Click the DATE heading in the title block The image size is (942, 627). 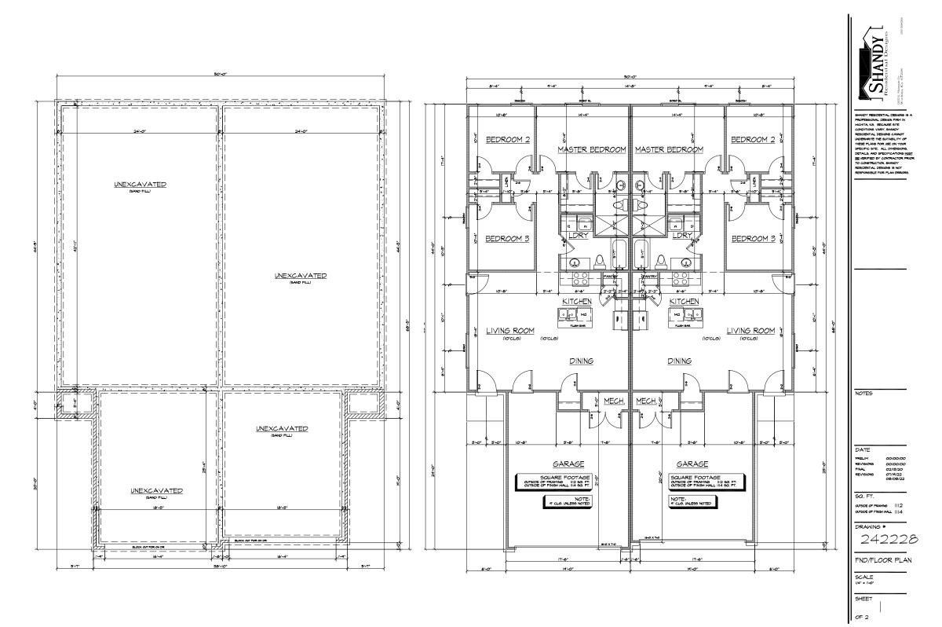[x=861, y=449]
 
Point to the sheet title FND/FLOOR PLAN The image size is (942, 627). [x=882, y=563]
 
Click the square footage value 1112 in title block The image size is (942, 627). [x=898, y=505]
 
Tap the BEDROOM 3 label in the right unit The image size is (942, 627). [x=753, y=239]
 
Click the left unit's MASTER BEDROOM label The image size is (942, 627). [x=591, y=149]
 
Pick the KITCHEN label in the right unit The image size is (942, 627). [x=684, y=301]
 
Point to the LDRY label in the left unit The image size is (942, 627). [x=578, y=235]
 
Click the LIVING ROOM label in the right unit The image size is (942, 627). [x=750, y=331]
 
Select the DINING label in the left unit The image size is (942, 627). [x=581, y=361]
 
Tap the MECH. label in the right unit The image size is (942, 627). [x=646, y=400]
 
